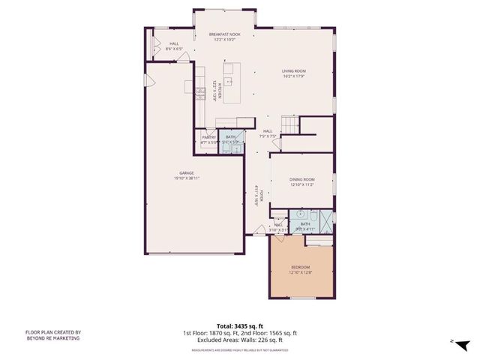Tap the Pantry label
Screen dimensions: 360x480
[209, 139]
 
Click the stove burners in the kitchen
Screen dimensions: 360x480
[200, 93]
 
